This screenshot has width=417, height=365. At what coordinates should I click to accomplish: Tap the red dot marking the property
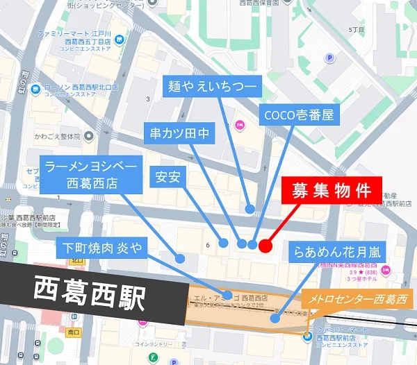[265, 245]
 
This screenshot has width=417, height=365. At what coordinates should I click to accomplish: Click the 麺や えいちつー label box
[212, 87]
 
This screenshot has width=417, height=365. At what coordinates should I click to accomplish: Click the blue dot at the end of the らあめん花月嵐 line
[275, 319]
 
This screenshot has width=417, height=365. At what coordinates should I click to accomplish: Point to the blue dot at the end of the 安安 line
[224, 243]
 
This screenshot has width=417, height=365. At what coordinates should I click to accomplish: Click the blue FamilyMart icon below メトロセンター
[307, 338]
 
